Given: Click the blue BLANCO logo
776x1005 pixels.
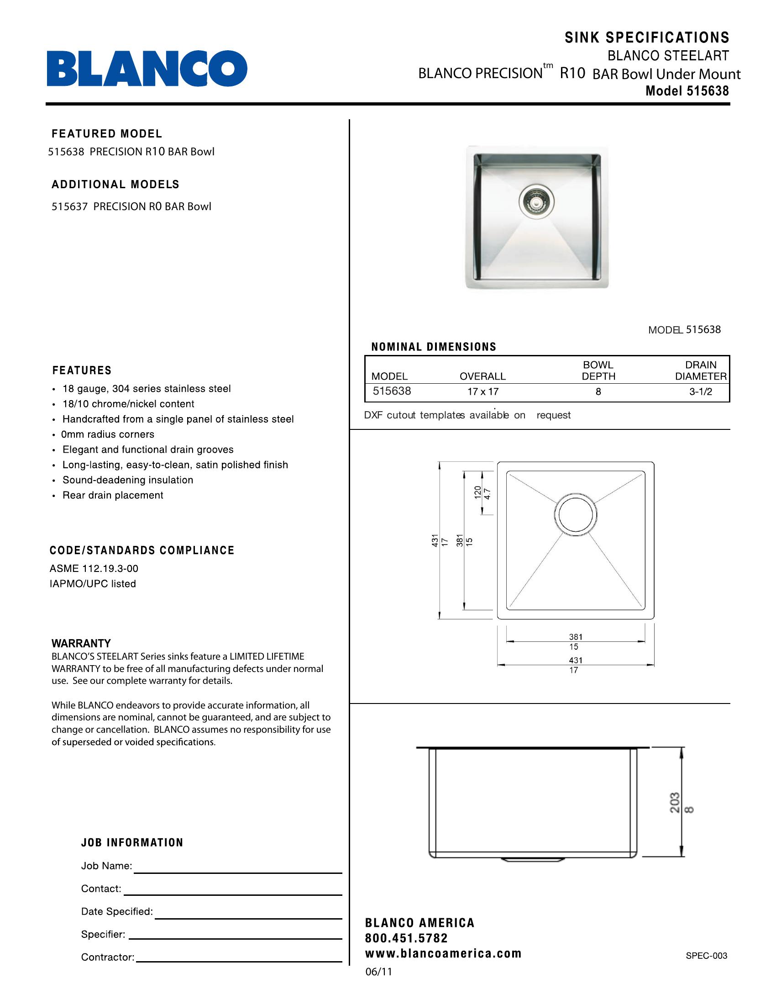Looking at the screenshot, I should tap(147, 69).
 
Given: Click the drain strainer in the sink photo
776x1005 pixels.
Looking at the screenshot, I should tap(536, 201).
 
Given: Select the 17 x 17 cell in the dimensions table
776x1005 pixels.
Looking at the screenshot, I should tap(482, 391).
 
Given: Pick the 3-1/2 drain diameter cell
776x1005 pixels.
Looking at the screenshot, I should tap(700, 391).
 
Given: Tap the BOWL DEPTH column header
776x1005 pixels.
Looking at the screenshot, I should tap(598, 370).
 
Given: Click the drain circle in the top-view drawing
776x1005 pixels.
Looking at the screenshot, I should tap(575, 514).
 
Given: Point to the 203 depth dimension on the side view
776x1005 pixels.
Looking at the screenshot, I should tap(674, 803).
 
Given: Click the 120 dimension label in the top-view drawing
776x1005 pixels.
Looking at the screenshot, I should tap(477, 492).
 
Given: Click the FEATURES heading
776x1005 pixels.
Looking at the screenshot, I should tap(82, 370).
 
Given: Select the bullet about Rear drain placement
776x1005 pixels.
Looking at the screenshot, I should tap(113, 495).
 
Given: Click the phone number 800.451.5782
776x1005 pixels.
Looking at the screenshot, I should tap(406, 938).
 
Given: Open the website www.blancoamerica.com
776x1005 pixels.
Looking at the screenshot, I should tap(443, 953).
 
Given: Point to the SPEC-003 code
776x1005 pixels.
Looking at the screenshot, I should tap(706, 956).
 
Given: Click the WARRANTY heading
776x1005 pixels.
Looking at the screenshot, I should tap(81, 643).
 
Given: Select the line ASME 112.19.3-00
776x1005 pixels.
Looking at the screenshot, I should tap(94, 568).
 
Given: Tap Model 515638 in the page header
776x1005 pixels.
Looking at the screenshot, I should tap(687, 91).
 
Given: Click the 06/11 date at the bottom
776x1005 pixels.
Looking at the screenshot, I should tap(378, 972).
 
